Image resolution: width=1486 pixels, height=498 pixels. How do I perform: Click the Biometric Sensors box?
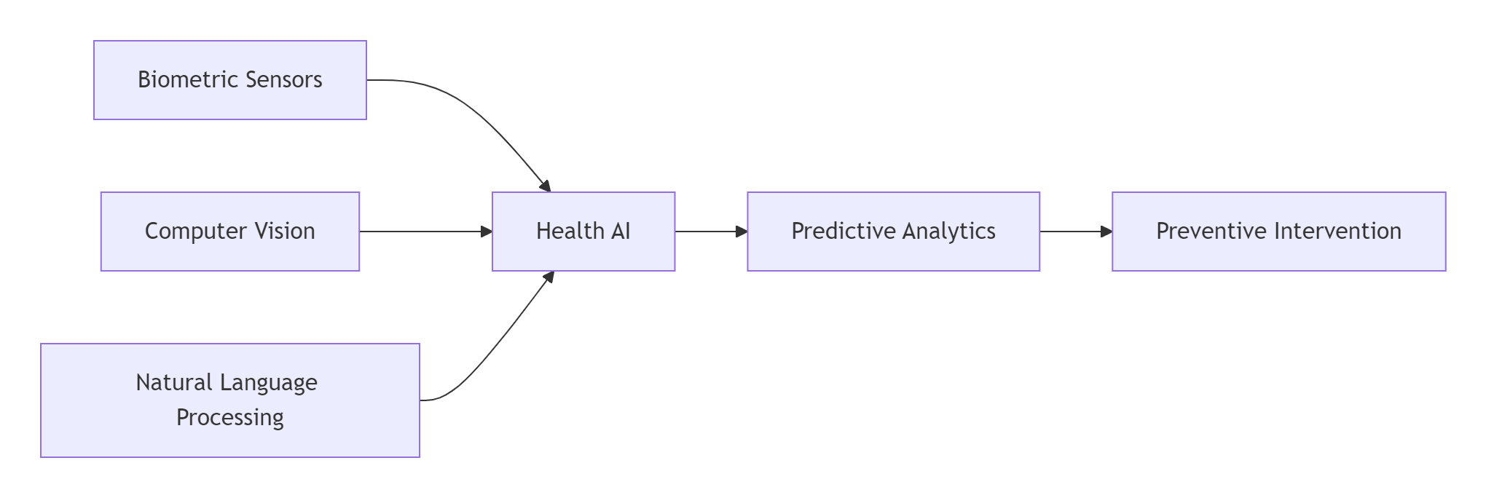click(230, 80)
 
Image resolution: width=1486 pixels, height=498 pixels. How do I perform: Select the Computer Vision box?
click(230, 232)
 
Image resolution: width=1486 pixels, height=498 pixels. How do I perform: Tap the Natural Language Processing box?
click(230, 400)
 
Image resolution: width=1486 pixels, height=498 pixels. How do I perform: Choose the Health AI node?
click(583, 232)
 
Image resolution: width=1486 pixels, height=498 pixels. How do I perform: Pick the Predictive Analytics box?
click(893, 232)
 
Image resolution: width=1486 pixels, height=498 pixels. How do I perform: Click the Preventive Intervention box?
click(1278, 232)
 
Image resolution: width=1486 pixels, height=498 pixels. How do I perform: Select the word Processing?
click(230, 418)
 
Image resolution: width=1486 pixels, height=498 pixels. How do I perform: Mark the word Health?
click(570, 231)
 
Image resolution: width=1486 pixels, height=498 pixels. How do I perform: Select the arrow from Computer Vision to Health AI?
click(426, 232)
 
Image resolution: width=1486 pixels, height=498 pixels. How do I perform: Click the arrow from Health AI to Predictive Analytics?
click(712, 232)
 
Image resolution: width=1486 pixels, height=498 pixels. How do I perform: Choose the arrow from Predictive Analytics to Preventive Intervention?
click(1076, 232)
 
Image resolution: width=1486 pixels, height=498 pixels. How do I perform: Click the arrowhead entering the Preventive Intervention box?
click(1106, 232)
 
